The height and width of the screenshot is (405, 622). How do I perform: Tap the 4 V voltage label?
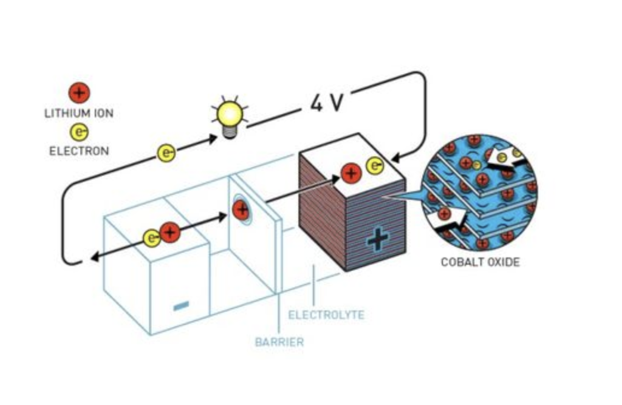[326, 103]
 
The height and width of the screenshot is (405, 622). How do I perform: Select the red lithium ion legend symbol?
[79, 93]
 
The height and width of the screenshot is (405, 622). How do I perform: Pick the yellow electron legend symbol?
[79, 131]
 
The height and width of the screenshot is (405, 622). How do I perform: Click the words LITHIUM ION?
[79, 113]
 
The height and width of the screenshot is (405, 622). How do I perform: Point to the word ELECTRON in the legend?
[79, 151]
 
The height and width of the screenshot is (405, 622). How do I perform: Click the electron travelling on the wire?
[166, 154]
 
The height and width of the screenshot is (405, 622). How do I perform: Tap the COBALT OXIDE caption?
[480, 263]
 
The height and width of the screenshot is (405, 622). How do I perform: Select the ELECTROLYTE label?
[326, 315]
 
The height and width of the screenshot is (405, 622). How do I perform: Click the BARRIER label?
[279, 342]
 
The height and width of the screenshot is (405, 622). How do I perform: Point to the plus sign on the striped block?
[377, 240]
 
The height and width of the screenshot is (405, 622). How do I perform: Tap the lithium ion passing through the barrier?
[241, 210]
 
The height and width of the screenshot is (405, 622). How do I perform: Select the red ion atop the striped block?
[351, 173]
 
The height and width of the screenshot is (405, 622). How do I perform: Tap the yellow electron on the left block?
[152, 238]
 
